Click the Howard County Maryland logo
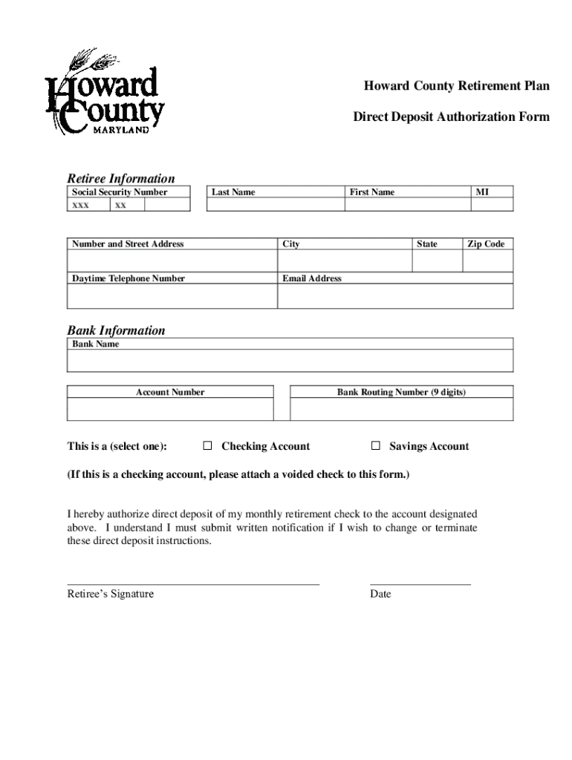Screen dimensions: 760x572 coord(105,92)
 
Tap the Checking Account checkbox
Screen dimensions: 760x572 coord(208,446)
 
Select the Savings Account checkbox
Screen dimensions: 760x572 coord(376,446)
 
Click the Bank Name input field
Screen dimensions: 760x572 coord(290,361)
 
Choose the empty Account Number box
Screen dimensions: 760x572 coord(170,409)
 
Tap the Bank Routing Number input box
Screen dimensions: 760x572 coord(401,409)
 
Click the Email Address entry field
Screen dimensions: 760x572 coord(395,296)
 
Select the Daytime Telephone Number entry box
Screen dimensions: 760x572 coord(172,296)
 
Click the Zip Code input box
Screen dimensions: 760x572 coord(487,261)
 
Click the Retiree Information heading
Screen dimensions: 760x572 coord(121,178)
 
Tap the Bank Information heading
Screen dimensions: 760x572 coord(116,330)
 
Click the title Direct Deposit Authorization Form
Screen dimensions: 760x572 coord(451,117)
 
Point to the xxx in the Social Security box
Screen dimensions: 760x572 coord(81,205)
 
